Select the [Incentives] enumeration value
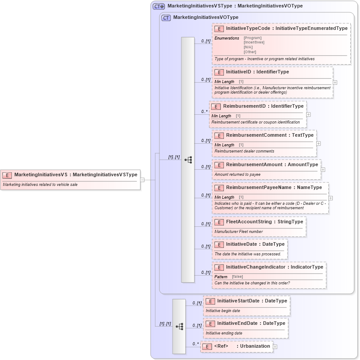click(254, 43)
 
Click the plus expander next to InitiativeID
click(335, 82)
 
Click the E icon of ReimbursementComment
click(219, 135)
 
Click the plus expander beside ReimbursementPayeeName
click(331, 198)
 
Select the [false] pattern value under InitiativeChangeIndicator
click(237, 276)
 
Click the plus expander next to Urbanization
click(275, 347)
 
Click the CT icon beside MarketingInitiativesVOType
click(166, 18)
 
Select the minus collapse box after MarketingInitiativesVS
click(142, 179)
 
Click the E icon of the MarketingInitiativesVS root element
click(7, 175)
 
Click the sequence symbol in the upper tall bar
click(188, 160)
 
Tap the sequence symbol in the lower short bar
click(179, 327)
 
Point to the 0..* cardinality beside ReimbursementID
click(204, 112)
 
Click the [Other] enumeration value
click(250, 52)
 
